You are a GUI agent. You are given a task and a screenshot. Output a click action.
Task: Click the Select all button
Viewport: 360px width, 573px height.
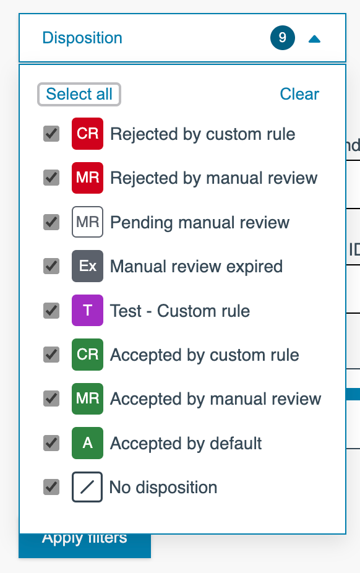tap(79, 94)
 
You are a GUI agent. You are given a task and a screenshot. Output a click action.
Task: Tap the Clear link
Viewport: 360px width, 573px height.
tap(299, 94)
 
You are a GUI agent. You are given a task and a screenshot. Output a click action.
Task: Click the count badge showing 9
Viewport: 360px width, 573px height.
tap(283, 38)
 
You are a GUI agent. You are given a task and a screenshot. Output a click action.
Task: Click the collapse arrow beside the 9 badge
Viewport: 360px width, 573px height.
tap(314, 39)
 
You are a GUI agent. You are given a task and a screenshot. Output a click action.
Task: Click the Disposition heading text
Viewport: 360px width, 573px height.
tap(82, 38)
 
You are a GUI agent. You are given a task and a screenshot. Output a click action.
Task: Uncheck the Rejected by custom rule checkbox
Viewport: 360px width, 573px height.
tap(51, 134)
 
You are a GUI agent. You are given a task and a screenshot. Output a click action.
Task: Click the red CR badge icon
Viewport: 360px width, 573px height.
tap(88, 134)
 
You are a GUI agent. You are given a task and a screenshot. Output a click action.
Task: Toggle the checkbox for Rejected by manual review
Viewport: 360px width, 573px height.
tap(51, 178)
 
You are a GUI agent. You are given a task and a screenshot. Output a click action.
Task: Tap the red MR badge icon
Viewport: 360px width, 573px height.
tap(88, 178)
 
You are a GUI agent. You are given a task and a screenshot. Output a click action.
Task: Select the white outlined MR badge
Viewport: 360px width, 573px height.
tap(88, 222)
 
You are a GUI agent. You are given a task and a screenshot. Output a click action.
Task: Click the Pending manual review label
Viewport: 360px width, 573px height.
tap(200, 223)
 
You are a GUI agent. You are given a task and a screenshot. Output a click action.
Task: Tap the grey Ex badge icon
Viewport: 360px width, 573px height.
tap(88, 266)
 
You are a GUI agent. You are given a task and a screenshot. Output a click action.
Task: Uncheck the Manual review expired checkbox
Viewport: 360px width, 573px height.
tap(51, 266)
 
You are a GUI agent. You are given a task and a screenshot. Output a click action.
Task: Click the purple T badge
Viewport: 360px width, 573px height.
tap(88, 310)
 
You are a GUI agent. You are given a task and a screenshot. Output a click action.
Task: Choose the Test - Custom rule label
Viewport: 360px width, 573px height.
tap(180, 311)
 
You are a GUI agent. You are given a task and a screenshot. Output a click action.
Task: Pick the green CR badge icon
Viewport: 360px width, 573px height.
tap(88, 355)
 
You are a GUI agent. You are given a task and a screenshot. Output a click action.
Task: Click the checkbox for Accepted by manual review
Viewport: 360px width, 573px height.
tap(51, 399)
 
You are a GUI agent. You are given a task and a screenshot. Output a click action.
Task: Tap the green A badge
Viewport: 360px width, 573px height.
tap(88, 443)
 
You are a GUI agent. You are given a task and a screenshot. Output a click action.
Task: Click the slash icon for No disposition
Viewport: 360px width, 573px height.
tap(87, 487)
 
